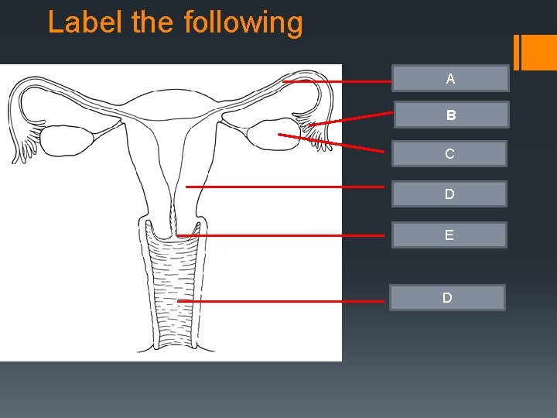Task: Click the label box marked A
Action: click(x=450, y=79)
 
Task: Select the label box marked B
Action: click(x=451, y=115)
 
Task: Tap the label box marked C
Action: click(x=449, y=154)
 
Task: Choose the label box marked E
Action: click(x=449, y=235)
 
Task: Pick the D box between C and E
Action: click(x=449, y=194)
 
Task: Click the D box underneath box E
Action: click(x=447, y=298)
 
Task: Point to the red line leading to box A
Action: click(x=337, y=81)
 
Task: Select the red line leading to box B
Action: click(x=352, y=118)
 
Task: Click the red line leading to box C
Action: click(x=333, y=143)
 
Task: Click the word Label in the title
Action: click(x=86, y=22)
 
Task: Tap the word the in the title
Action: click(x=155, y=22)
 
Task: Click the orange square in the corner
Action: click(x=539, y=53)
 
